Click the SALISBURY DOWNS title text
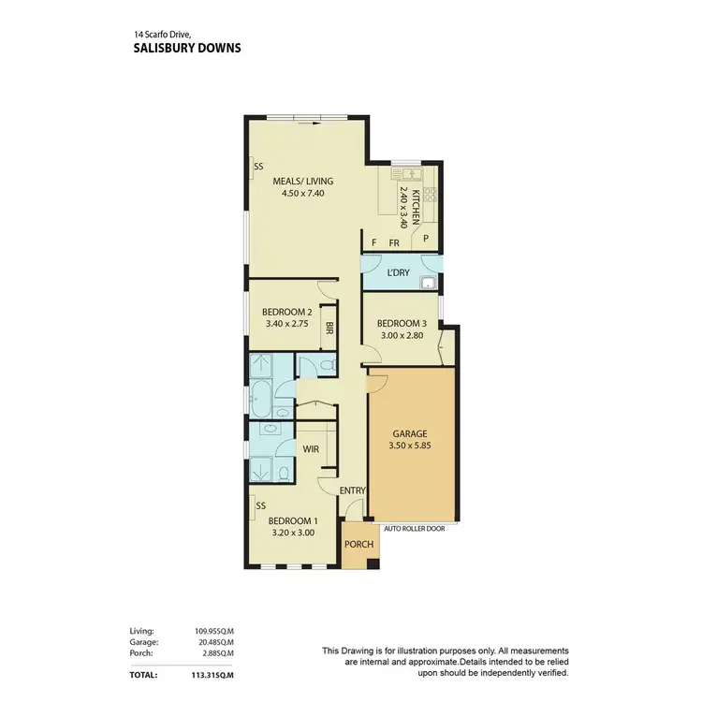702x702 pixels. click(186, 47)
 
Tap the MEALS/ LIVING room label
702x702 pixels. click(302, 182)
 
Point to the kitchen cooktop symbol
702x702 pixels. click(431, 195)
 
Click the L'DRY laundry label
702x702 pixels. click(399, 273)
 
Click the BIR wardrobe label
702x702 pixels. click(329, 329)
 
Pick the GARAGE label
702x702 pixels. click(410, 433)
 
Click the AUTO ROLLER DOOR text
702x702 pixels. click(408, 528)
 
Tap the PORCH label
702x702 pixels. click(359, 545)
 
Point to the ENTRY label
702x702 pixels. click(352, 490)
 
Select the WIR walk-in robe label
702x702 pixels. click(312, 449)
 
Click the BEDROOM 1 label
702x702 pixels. click(294, 520)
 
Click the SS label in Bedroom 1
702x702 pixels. click(261, 506)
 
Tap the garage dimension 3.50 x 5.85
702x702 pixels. click(410, 446)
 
